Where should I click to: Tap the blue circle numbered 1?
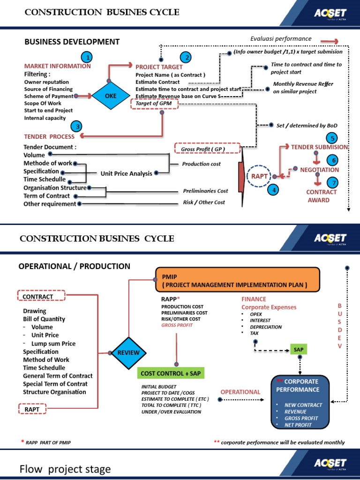(86, 57)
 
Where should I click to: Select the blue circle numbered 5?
(332, 138)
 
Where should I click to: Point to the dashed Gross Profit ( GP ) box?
(207, 149)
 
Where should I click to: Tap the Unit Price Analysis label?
(127, 173)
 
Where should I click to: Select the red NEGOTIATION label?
(319, 170)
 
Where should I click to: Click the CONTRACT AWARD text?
(322, 196)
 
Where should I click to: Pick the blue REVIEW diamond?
(128, 352)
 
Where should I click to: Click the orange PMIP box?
(237, 280)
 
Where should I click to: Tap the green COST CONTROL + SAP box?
(172, 373)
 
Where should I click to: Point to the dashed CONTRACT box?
(38, 296)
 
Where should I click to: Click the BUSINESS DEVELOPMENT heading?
(72, 42)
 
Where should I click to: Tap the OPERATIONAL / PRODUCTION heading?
(74, 266)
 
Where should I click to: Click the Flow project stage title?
(65, 469)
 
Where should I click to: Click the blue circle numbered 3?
(77, 126)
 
